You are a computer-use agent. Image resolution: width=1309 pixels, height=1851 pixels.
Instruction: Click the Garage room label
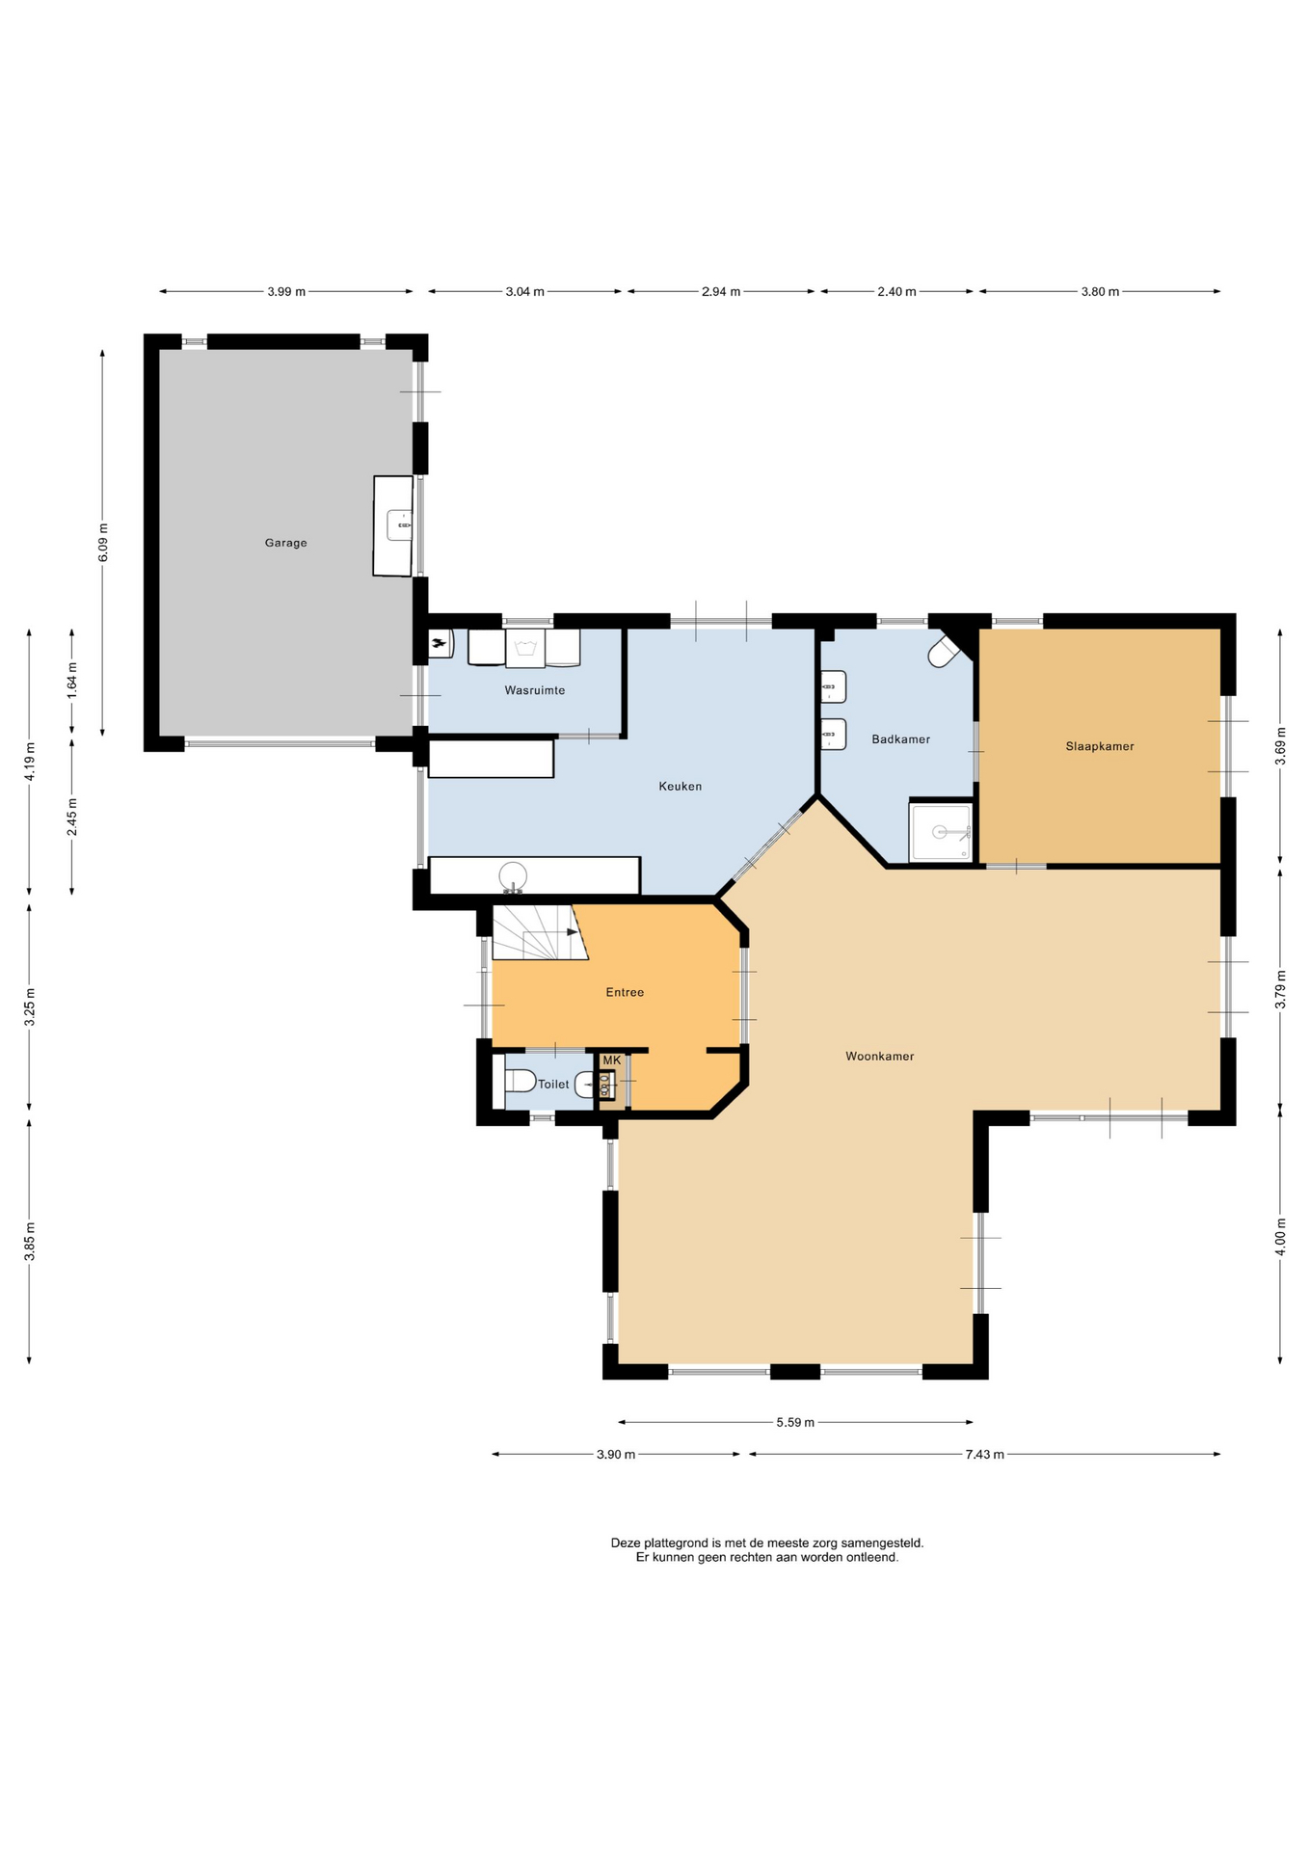tap(285, 543)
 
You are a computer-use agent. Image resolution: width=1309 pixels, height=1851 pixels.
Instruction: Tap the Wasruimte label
tap(535, 690)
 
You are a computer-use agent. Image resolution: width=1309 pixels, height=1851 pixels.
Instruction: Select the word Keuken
tap(680, 786)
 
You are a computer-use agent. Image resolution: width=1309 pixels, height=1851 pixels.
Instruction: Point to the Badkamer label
tap(900, 739)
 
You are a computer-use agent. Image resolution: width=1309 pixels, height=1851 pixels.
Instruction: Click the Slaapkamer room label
tap(1100, 746)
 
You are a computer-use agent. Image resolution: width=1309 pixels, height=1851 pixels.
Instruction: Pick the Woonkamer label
tap(879, 1057)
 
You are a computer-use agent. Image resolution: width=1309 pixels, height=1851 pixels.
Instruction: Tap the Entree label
tap(625, 992)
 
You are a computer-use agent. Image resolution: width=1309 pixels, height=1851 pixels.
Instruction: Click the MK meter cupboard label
tap(611, 1060)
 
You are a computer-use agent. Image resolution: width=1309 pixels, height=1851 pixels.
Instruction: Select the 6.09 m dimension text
tap(103, 543)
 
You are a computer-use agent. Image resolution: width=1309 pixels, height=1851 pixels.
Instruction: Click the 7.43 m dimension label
tap(984, 1454)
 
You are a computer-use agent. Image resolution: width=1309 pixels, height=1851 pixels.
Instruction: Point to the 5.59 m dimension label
tap(795, 1422)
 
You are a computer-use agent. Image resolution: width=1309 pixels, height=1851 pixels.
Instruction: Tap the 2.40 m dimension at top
tap(896, 291)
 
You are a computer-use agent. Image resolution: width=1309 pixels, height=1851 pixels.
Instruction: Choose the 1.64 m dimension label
tap(72, 681)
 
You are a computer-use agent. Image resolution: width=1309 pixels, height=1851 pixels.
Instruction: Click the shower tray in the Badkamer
tap(941, 832)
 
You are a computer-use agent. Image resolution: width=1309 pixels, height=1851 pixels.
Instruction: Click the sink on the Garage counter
tap(399, 525)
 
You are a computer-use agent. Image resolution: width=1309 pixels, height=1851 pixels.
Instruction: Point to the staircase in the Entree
tap(540, 931)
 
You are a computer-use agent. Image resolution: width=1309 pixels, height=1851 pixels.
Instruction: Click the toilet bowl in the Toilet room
tap(520, 1080)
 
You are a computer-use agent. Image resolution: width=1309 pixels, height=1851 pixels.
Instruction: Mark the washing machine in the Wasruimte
tap(525, 648)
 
